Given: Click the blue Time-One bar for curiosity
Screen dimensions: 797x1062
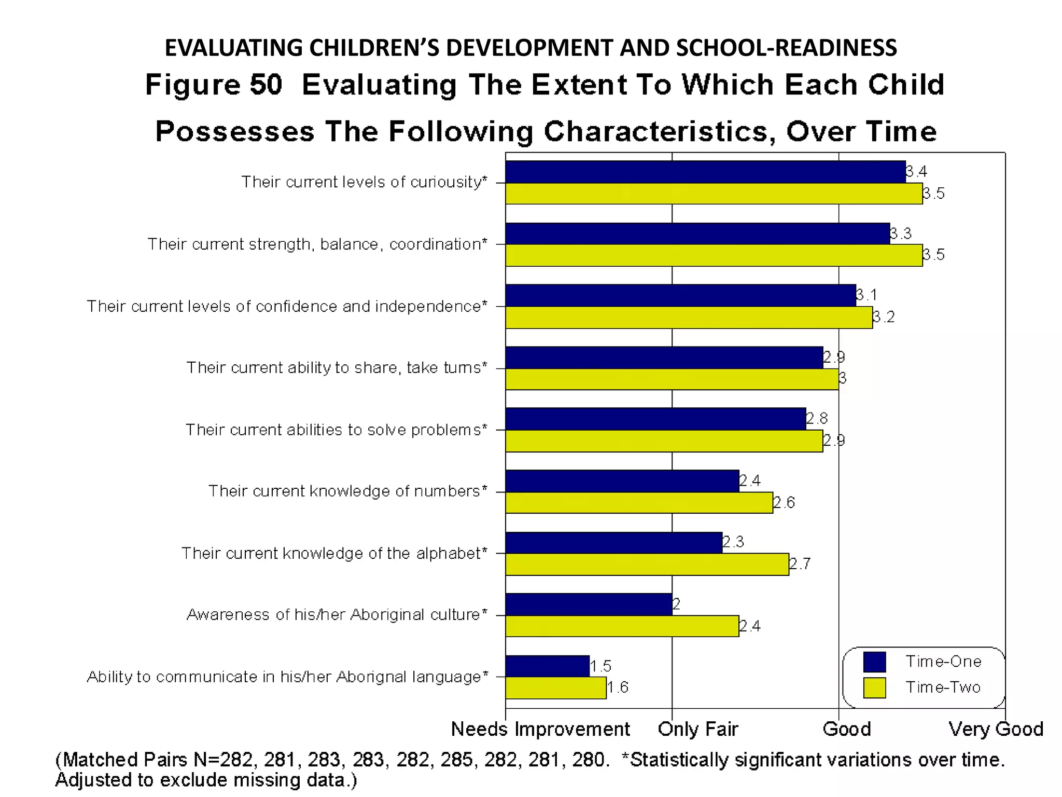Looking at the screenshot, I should point(705,172).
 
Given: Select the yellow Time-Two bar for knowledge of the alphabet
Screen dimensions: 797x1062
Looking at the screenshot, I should point(647,565).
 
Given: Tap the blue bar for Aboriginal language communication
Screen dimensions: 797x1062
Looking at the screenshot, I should point(547,666).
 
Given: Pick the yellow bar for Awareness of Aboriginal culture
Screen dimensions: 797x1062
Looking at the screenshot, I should point(622,626).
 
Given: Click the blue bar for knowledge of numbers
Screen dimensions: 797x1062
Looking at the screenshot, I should point(622,481).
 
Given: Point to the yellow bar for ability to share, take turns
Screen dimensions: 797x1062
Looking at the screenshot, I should point(672,379).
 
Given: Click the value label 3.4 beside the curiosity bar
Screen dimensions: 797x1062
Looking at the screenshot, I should point(917,171).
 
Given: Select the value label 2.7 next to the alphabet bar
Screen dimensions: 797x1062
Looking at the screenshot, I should point(800,564).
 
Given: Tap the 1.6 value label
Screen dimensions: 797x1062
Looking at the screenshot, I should point(618,688).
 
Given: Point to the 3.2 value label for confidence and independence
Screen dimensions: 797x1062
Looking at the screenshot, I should point(884,317).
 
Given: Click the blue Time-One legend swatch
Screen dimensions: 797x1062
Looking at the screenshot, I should point(874,662).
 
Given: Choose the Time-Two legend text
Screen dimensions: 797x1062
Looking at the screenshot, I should point(943,688).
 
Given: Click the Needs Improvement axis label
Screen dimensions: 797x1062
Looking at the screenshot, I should point(540,729).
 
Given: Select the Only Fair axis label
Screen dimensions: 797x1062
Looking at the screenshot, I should point(697,729).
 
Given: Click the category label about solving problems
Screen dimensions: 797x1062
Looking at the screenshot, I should point(337,430).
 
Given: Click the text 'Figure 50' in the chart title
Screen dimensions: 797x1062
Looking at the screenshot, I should point(214,85).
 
